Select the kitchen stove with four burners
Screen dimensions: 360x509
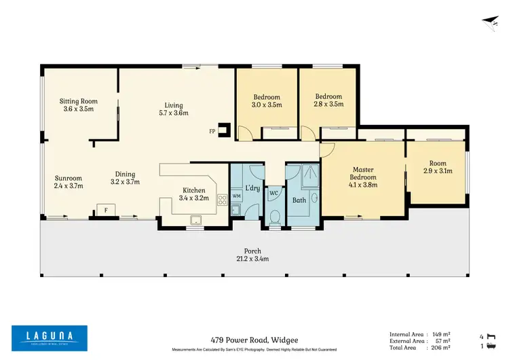(x=222, y=199)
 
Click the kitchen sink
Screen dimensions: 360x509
(x=195, y=219)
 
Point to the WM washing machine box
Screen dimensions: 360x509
(x=236, y=196)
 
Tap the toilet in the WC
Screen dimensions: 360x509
(x=275, y=217)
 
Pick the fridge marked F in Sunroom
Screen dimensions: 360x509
(x=105, y=210)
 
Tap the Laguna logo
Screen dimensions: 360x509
(x=49, y=337)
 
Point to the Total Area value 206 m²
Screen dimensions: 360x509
(x=442, y=346)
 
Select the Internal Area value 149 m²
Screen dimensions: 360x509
(x=442, y=334)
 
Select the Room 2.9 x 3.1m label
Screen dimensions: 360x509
(x=438, y=167)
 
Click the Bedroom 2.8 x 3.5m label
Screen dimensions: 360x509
(x=328, y=101)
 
